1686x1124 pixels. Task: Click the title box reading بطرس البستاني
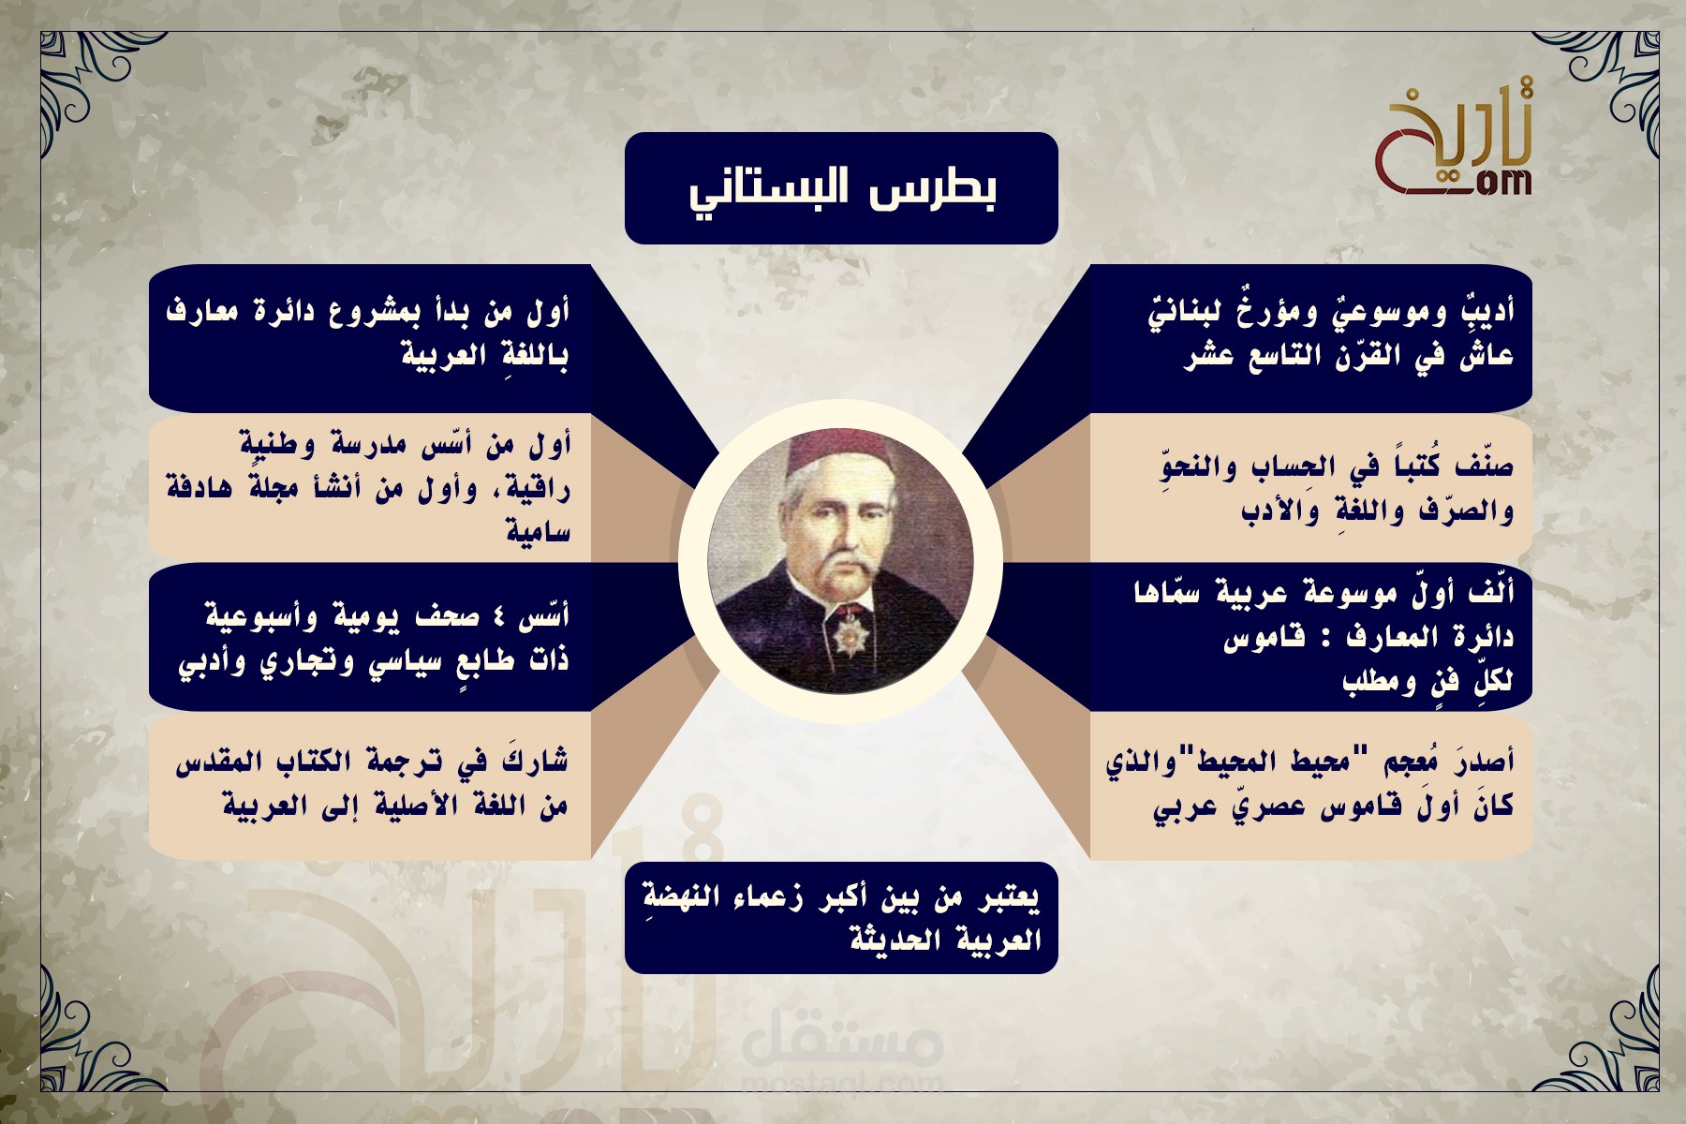click(841, 188)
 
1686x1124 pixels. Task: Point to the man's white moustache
click(840, 562)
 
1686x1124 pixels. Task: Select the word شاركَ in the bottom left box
click(535, 761)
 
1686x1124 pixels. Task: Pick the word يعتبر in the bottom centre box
click(1009, 897)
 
